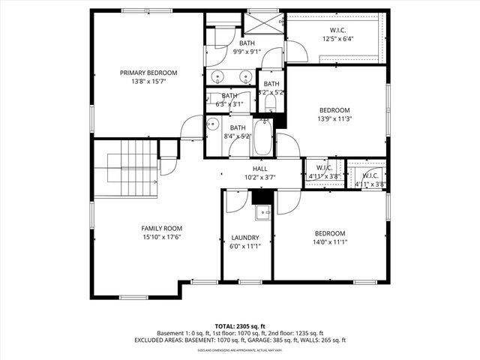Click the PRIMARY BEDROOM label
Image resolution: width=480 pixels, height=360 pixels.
148,73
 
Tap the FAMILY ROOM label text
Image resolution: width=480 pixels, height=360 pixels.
162,228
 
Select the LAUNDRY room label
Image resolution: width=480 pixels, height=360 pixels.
245,238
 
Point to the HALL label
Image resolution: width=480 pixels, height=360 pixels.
260,169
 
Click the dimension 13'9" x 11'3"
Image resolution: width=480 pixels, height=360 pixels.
334,118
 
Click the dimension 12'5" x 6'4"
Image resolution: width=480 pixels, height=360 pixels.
338,38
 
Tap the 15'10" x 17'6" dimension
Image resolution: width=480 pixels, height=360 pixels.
162,237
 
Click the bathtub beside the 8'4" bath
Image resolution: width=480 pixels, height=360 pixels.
263,137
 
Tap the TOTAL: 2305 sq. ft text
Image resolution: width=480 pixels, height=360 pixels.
240,326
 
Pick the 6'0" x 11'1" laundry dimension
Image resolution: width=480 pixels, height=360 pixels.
245,246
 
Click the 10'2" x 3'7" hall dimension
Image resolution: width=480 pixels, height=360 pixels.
260,178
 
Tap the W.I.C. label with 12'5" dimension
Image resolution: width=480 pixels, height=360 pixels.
338,30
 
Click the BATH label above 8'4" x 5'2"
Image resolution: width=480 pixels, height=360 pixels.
238,127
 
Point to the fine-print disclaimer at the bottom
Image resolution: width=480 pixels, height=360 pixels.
240,350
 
